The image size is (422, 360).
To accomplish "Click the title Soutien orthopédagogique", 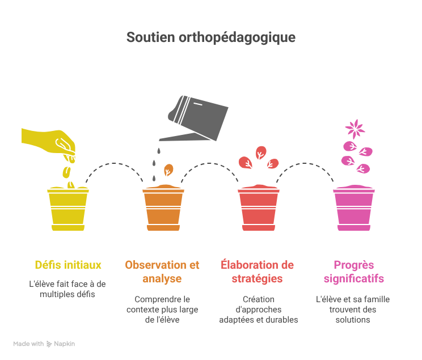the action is pos(211,37).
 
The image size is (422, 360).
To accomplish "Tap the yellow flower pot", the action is pos(68,209).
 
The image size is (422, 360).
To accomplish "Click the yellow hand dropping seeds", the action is pos(48,143).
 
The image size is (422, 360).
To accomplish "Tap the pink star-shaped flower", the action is pos(355,129).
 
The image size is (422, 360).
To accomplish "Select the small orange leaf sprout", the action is pos(168,170).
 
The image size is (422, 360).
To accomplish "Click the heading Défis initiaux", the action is pos(68,265).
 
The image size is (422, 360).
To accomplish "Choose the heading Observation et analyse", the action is pos(162,272).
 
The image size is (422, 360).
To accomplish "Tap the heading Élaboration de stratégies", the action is pos(258,272).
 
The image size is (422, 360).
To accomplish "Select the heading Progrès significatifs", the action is pos(353,272).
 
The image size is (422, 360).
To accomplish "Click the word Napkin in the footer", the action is pos(64,344).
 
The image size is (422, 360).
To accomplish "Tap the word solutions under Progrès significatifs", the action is pos(353,320).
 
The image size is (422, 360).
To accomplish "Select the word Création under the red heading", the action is pos(259,299).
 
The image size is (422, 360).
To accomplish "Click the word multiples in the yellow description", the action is pos(53,294).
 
